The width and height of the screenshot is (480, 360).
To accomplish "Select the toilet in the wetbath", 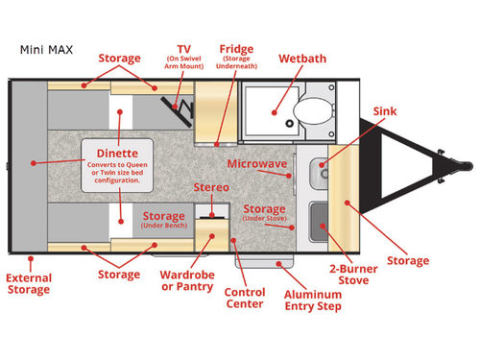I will coord(310,111).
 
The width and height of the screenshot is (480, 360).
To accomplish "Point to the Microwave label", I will coord(257,165).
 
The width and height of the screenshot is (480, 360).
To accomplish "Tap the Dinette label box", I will coord(117,164).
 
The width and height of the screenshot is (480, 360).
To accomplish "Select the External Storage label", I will coord(29,285).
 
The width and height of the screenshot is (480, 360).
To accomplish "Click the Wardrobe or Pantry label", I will coord(188,280).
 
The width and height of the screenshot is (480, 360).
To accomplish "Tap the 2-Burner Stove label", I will coord(349,275).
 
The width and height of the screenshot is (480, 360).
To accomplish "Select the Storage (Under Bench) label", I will coord(163,221).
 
